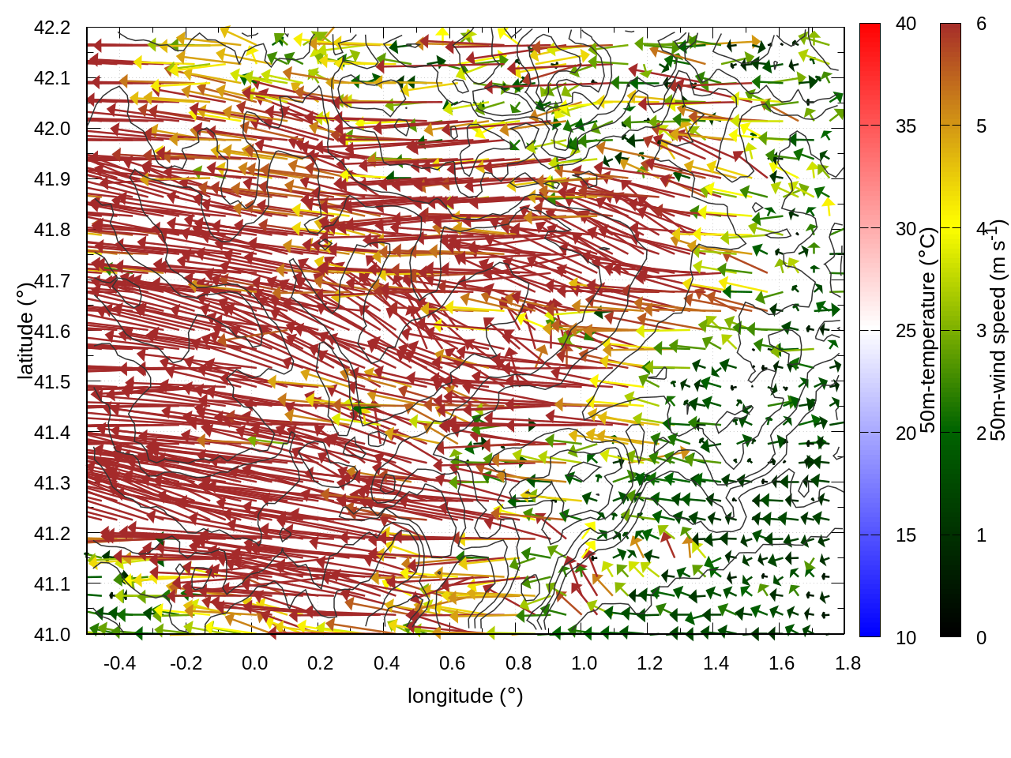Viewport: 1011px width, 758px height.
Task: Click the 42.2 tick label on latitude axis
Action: [52, 28]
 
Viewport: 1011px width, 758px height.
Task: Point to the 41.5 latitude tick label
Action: [52, 382]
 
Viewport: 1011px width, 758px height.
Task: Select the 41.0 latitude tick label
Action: [52, 635]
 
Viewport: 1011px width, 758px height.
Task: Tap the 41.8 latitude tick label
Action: [52, 230]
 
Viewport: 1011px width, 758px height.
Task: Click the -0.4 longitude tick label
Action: [119, 663]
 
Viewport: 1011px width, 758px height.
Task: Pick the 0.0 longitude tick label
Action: [254, 663]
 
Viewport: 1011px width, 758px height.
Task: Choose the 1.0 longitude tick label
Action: [584, 663]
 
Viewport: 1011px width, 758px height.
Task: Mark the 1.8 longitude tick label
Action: [848, 663]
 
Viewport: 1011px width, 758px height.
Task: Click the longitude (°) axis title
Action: [465, 696]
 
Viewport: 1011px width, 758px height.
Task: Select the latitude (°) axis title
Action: [25, 331]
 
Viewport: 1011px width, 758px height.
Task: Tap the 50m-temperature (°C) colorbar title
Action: [928, 330]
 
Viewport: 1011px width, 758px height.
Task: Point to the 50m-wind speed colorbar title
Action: [998, 330]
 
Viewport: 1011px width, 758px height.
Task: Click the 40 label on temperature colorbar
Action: [906, 24]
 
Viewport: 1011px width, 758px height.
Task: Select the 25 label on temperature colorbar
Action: [906, 331]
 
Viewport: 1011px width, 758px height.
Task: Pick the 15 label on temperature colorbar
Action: [906, 535]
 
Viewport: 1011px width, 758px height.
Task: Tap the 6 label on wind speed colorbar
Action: [981, 24]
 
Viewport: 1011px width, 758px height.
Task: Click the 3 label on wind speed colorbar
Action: [981, 331]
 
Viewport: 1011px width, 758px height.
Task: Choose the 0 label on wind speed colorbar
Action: [981, 638]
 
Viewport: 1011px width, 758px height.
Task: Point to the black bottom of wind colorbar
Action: [950, 630]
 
